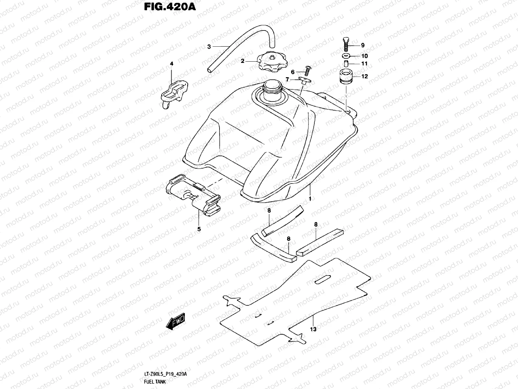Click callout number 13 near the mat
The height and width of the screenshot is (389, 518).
coord(313,329)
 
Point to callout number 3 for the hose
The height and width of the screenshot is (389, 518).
coord(209,47)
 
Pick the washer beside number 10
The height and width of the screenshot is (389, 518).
coord(346,56)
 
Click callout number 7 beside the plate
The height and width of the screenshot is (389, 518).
coord(287,79)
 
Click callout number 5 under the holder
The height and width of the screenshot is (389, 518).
coord(199,229)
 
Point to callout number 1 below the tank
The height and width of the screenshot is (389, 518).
coord(310,199)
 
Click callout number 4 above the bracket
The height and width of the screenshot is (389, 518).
coord(172,64)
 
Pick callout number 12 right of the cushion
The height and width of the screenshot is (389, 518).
coord(365,77)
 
